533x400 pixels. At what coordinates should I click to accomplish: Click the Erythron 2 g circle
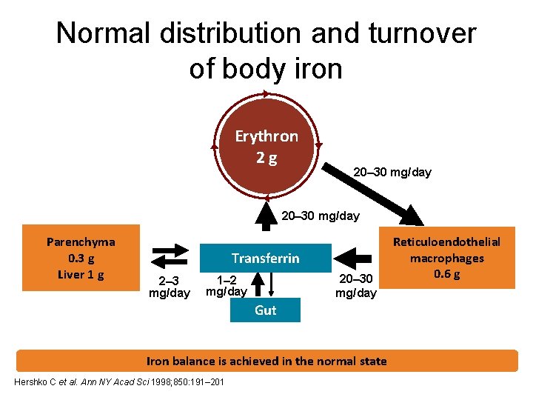pyautogui.click(x=266, y=146)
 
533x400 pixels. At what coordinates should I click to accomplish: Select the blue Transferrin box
pyautogui.click(x=265, y=258)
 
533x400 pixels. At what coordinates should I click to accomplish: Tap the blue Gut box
pyautogui.click(x=265, y=310)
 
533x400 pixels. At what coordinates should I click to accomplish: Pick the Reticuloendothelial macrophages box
pyautogui.click(x=457, y=257)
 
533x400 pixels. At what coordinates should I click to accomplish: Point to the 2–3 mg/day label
pyautogui.click(x=170, y=287)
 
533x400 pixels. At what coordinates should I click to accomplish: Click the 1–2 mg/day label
pyautogui.click(x=226, y=286)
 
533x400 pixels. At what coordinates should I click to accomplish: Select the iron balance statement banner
pyautogui.click(x=266, y=361)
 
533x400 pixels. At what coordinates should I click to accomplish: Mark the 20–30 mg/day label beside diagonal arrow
pyautogui.click(x=392, y=173)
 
